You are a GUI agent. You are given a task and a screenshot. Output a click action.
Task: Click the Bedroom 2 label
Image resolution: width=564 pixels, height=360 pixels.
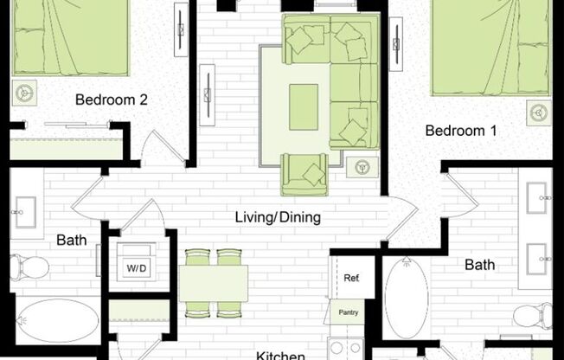(111, 100)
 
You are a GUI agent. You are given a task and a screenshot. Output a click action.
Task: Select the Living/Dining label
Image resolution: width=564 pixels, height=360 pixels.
(278, 217)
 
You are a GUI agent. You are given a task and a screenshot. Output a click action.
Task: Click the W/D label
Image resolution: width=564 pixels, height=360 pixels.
(137, 268)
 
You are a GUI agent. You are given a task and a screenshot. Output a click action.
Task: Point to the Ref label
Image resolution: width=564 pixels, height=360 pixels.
(351, 279)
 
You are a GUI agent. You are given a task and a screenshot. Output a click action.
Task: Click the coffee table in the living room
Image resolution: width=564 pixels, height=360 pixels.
(304, 106)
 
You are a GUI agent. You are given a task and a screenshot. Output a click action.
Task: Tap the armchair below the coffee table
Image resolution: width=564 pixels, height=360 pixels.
(304, 174)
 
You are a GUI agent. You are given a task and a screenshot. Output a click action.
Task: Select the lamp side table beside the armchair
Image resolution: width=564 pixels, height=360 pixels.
(357, 166)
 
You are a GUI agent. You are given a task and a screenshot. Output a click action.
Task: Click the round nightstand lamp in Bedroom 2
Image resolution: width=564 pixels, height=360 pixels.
(22, 91)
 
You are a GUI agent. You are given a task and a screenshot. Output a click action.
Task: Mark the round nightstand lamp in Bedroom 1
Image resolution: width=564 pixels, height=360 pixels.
(539, 112)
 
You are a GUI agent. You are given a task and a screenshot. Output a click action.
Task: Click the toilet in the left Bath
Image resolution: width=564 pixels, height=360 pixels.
(28, 266)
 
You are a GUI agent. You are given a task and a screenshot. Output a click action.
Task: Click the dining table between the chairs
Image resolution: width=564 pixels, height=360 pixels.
(214, 283)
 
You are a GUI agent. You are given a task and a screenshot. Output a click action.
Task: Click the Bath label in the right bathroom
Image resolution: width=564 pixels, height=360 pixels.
(480, 265)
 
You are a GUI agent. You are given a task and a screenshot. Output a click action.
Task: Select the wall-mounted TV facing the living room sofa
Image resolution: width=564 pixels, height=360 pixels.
(208, 87)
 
